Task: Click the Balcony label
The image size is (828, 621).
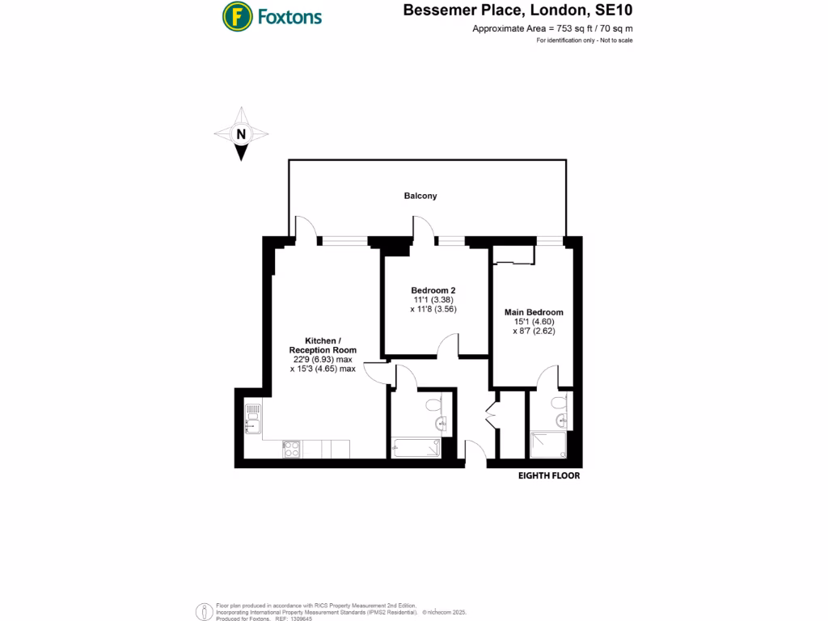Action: click(420, 196)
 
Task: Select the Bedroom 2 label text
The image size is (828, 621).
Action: click(434, 290)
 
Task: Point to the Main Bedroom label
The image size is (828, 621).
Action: click(534, 312)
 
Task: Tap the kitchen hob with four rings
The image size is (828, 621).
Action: click(290, 447)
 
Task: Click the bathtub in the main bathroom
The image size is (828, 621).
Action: click(416, 447)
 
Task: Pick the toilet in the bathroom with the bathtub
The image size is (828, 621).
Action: click(434, 403)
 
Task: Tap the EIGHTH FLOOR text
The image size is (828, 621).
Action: click(548, 476)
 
